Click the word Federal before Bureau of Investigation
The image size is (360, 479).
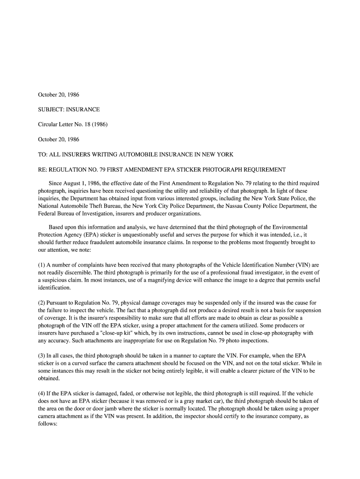click(48, 213)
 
